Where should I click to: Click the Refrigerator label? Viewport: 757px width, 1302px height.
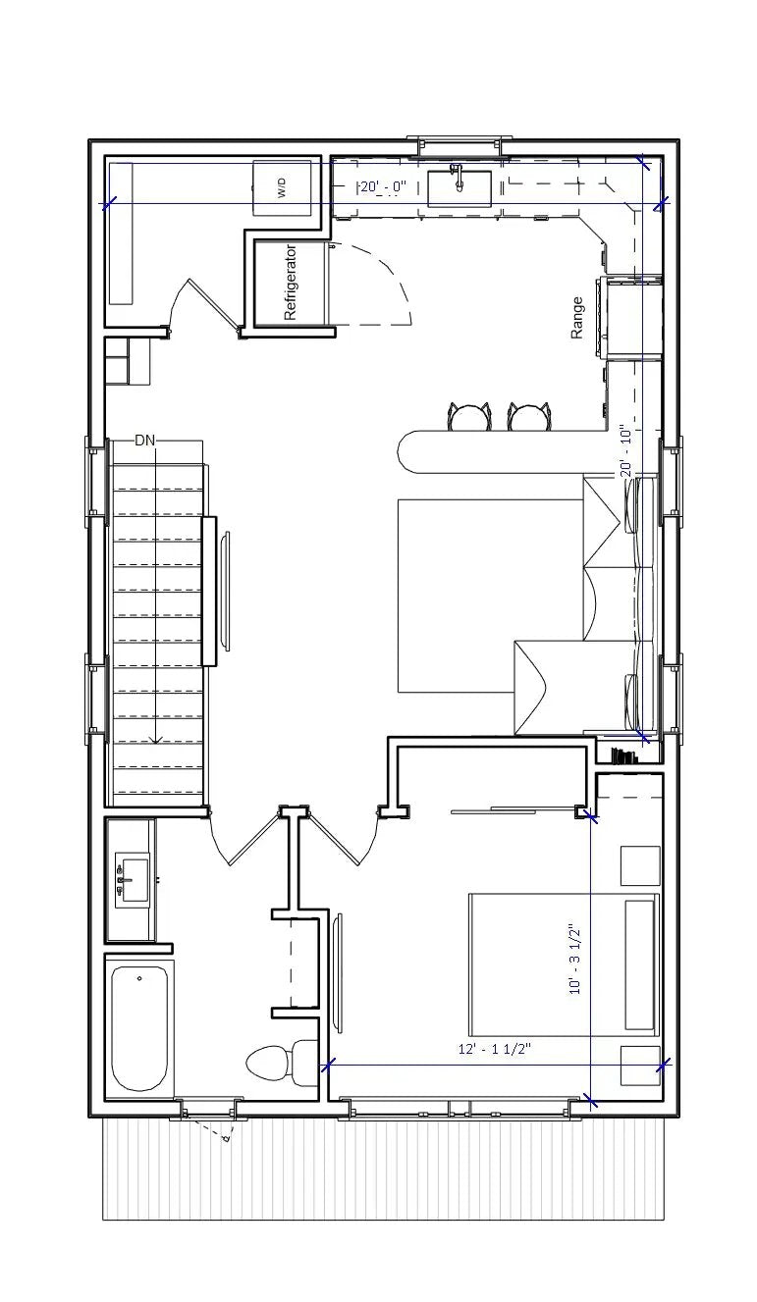point(291,283)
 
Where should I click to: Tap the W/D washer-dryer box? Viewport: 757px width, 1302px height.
point(283,186)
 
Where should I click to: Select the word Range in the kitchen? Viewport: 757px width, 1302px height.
point(577,318)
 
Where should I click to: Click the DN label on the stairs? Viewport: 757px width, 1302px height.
point(145,441)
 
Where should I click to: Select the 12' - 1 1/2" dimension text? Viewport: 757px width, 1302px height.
point(495,1049)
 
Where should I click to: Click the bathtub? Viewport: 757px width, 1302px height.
point(138,1028)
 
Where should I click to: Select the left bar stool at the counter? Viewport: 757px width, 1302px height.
point(468,417)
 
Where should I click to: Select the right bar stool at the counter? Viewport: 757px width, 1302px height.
point(528,417)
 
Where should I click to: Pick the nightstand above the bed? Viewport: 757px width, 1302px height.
point(640,864)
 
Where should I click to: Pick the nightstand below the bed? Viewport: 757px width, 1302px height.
point(640,1066)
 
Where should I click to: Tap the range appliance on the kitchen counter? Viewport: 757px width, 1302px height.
point(632,318)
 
